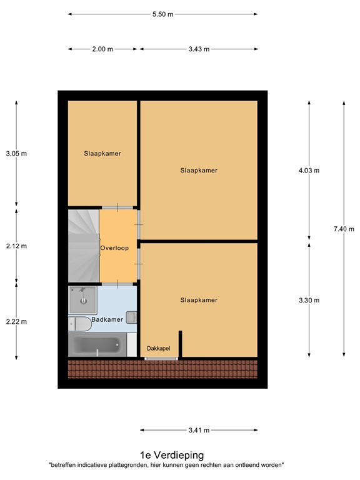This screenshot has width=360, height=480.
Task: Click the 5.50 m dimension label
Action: pyautogui.click(x=162, y=14)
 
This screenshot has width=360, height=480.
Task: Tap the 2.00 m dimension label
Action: pyautogui.click(x=103, y=49)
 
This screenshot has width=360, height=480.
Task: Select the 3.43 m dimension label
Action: pyautogui.click(x=198, y=49)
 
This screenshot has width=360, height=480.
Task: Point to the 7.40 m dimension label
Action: pyautogui.click(x=344, y=229)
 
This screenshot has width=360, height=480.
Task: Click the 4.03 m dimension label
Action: pyautogui.click(x=309, y=170)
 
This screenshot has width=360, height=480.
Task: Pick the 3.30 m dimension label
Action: pyautogui.click(x=309, y=300)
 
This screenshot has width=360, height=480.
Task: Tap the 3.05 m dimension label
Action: pyautogui.click(x=16, y=153)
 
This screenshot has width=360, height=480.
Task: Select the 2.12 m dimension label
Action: pyautogui.click(x=16, y=246)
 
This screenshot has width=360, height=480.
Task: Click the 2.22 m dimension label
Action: pyautogui.click(x=16, y=321)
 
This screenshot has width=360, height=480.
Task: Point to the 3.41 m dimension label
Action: pyautogui.click(x=198, y=430)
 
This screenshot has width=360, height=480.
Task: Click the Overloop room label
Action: pyautogui.click(x=114, y=248)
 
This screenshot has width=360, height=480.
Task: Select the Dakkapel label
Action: pyautogui.click(x=159, y=348)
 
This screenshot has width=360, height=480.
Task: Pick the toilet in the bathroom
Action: pyautogui.click(x=78, y=323)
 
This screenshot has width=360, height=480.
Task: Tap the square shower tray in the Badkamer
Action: pyautogui.click(x=83, y=300)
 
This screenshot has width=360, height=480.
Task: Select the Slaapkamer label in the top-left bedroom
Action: pyautogui.click(x=102, y=153)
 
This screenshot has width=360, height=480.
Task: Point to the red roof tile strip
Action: pyautogui.click(x=162, y=369)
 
